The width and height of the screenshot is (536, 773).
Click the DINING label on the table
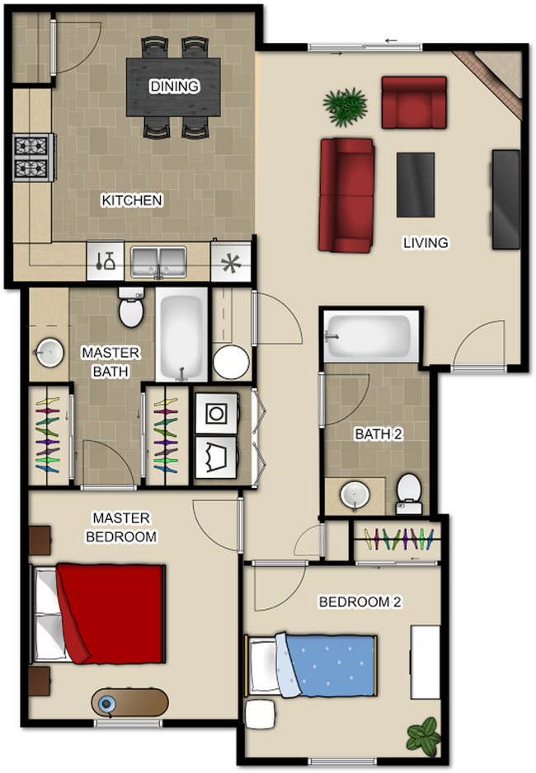click(x=174, y=86)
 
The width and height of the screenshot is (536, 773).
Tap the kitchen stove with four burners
click(x=34, y=157)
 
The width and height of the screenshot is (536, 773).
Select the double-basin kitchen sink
click(x=158, y=262)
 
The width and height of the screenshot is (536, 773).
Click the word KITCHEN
click(x=132, y=200)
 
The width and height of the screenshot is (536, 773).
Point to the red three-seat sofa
click(x=346, y=195)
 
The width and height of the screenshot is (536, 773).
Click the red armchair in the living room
click(x=413, y=102)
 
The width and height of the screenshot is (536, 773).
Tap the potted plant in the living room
click(x=346, y=105)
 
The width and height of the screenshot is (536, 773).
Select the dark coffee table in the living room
click(x=415, y=185)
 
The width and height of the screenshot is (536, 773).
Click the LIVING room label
click(x=426, y=242)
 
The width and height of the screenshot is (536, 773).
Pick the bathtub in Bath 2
click(x=371, y=337)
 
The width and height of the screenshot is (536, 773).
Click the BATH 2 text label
click(x=378, y=434)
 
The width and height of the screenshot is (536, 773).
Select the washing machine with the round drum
click(x=216, y=412)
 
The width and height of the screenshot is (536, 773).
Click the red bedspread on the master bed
click(x=111, y=612)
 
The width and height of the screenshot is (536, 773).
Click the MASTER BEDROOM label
click(x=121, y=527)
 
